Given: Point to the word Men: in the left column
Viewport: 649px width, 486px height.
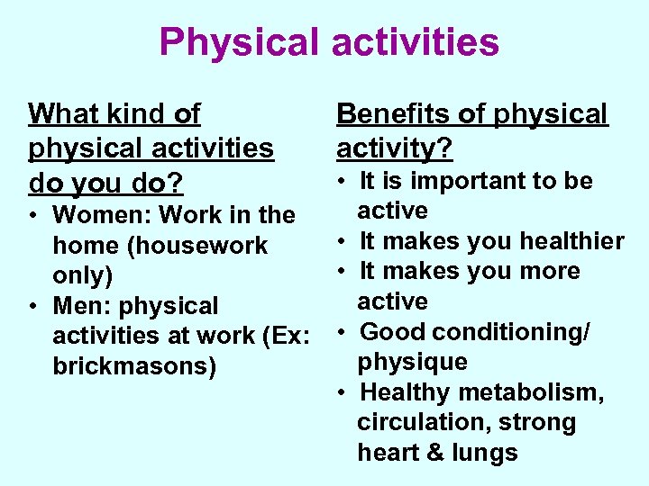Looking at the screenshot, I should [81, 307].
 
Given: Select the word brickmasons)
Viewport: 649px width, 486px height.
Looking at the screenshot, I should [134, 368].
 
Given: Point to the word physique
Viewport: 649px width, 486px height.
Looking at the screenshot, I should [412, 363].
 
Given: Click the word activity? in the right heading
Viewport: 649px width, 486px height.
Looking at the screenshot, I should [395, 146].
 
